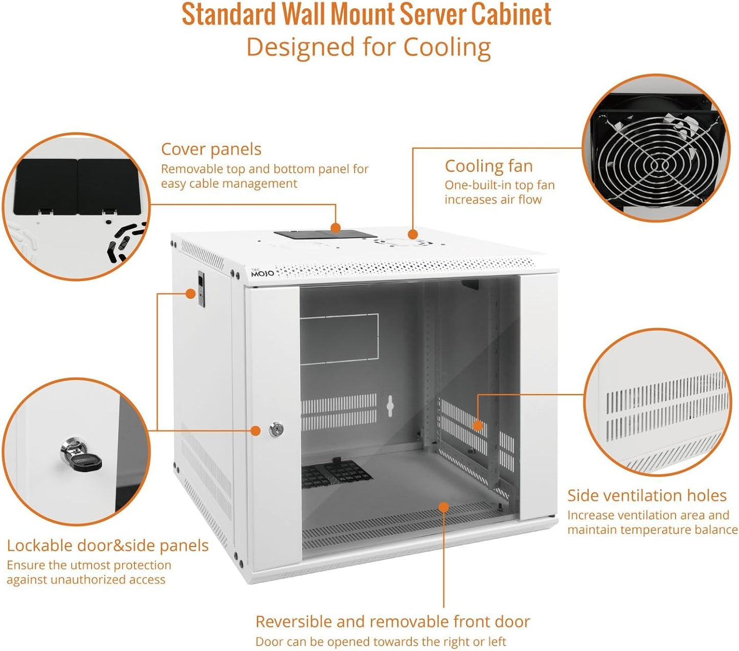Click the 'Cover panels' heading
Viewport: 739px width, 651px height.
(211, 149)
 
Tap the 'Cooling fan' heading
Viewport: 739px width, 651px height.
(488, 166)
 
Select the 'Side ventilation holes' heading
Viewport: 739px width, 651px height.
(646, 496)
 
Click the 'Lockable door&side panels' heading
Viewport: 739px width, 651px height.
(107, 546)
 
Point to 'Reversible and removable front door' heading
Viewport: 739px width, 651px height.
(392, 622)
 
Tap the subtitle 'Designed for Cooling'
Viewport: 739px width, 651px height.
(368, 48)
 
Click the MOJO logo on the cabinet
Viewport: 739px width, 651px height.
(262, 273)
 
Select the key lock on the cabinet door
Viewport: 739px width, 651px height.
(276, 430)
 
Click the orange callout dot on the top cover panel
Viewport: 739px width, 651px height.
(335, 228)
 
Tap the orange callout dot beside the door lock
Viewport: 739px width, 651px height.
(256, 431)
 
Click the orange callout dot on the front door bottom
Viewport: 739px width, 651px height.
(443, 507)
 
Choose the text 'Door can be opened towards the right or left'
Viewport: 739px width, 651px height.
(380, 642)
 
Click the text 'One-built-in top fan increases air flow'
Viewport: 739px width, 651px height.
(499, 192)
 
